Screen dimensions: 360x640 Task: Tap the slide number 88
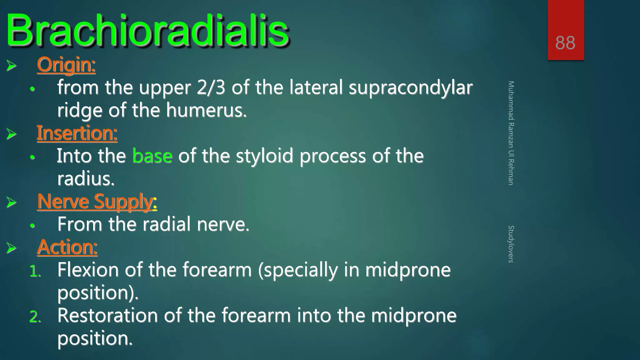[x=565, y=43]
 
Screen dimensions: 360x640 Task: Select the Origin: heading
[x=66, y=65]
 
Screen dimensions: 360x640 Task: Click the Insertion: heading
[x=77, y=133]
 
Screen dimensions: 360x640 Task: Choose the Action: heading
[x=67, y=247]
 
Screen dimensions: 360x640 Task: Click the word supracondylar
[x=410, y=88]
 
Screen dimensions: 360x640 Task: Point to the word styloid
[x=264, y=156]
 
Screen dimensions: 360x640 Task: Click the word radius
[x=86, y=179]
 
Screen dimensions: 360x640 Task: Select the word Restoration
[x=107, y=315]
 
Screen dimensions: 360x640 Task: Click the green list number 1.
[x=35, y=271]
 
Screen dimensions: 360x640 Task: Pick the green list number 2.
[x=35, y=317]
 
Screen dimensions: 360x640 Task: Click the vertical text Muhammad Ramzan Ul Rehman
[x=511, y=133]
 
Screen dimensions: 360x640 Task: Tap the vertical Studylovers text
[x=511, y=244]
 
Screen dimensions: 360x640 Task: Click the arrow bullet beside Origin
[x=12, y=66]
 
